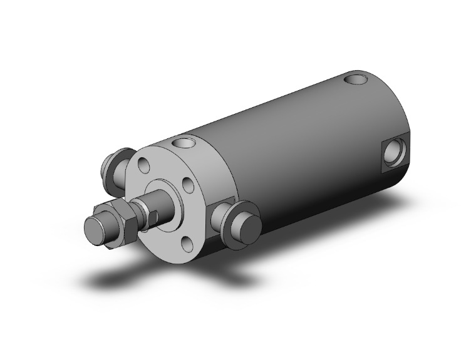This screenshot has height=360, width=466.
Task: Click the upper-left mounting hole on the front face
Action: pyautogui.click(x=145, y=167)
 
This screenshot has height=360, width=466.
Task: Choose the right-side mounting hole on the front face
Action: pyautogui.click(x=186, y=185)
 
